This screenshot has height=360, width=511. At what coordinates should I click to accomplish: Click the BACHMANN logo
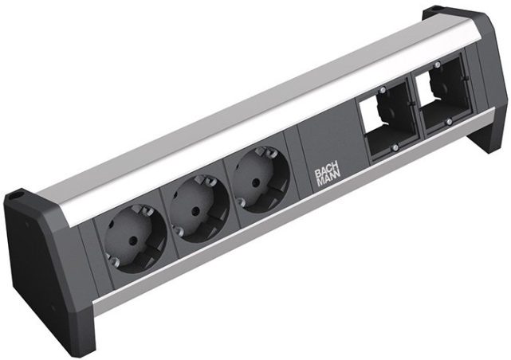(327, 178)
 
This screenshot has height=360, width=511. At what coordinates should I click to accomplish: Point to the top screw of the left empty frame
(383, 88)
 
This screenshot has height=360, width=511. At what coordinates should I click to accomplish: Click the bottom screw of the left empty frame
(395, 148)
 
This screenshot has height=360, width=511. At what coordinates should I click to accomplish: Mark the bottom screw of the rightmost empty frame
(450, 121)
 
